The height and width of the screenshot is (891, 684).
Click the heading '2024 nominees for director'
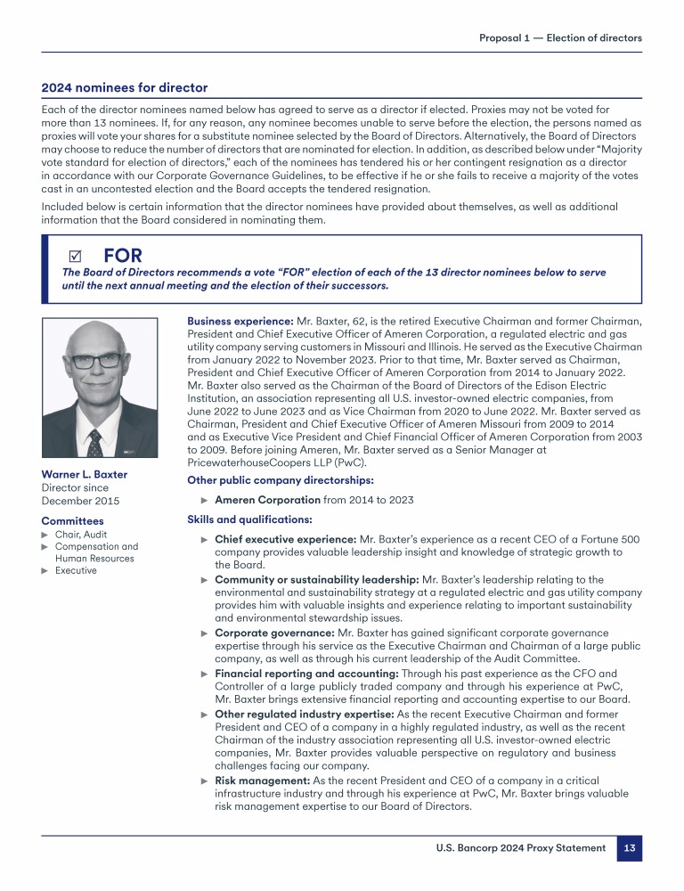tap(125, 87)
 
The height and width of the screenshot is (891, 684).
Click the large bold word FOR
tap(123, 257)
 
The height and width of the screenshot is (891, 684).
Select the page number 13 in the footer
tap(629, 848)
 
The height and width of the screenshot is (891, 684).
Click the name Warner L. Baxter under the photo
tap(85, 474)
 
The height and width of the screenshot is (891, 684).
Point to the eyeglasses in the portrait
tap(97, 361)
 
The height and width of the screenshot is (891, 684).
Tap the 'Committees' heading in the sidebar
tap(72, 520)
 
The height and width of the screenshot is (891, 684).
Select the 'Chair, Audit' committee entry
tap(79, 535)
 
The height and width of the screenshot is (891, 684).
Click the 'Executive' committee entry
tap(76, 570)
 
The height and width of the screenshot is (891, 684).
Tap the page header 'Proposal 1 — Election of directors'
tap(560, 37)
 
